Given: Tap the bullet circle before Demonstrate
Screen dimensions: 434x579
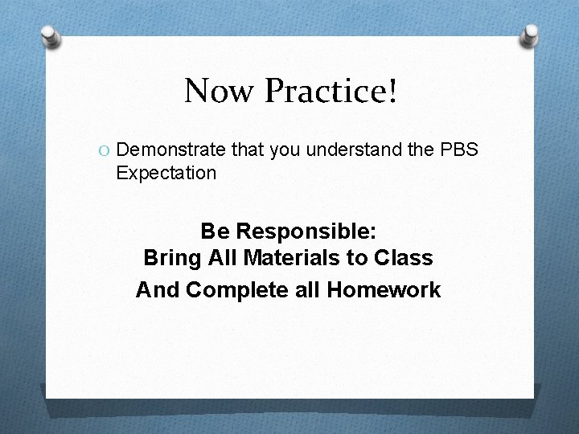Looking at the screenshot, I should point(105,149).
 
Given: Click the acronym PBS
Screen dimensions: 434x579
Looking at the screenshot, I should point(461,149).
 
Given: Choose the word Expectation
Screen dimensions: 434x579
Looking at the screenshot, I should point(166,173).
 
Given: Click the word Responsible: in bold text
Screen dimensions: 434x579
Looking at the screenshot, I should point(306,232).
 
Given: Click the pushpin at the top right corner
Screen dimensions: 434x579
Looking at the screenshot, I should point(532,35).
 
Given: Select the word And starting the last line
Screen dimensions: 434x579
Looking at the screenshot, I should point(158,289).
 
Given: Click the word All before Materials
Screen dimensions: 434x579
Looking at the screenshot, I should point(219,259).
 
